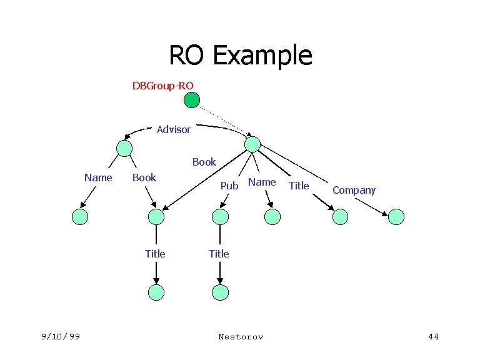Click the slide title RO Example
tap(240, 55)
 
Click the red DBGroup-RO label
tap(162, 86)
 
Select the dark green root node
tap(192, 100)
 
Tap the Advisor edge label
tap(173, 129)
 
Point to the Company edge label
tap(354, 190)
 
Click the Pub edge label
tap(229, 186)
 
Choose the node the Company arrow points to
tap(396, 217)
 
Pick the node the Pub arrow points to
tap(220, 217)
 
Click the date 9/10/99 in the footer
tap(61, 337)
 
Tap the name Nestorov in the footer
tap(241, 337)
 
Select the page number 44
tap(433, 337)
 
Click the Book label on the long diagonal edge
tap(204, 162)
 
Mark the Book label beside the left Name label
tap(144, 177)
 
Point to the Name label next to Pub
tap(262, 182)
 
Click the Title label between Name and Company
tap(299, 186)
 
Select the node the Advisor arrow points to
tap(124, 148)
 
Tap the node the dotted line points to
tap(252, 144)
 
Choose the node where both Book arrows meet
tap(156, 217)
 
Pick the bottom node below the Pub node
tap(220, 292)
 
